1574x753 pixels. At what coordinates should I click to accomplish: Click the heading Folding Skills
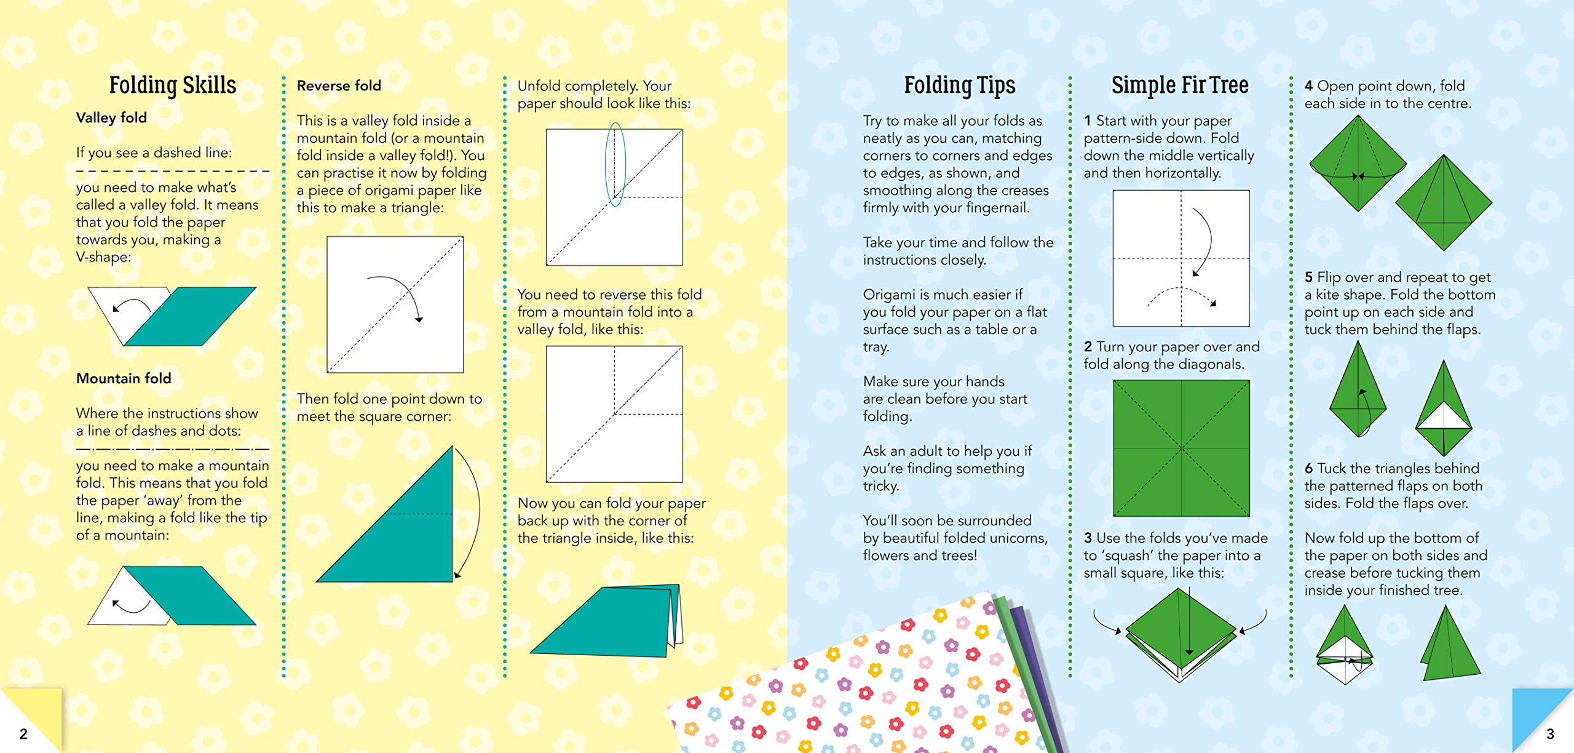point(173,86)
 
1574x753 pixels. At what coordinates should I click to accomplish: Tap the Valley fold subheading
point(111,118)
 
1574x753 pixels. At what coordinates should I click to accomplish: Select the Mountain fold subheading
point(124,378)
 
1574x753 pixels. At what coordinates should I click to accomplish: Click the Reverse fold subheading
point(339,86)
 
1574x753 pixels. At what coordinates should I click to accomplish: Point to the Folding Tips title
point(959,86)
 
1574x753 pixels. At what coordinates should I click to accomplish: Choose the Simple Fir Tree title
point(1180,85)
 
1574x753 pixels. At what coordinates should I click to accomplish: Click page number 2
point(23,734)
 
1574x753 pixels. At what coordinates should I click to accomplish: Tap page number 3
point(1550,734)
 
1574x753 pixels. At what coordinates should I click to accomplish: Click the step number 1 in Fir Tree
point(1088,121)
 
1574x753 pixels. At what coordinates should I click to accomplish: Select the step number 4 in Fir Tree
point(1309,86)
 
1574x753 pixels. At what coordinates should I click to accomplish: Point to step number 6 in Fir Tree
point(1309,469)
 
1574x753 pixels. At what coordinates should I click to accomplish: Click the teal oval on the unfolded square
point(615,165)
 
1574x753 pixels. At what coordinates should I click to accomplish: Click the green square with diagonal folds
point(1181,448)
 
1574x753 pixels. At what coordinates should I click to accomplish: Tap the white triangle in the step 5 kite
point(1443,417)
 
